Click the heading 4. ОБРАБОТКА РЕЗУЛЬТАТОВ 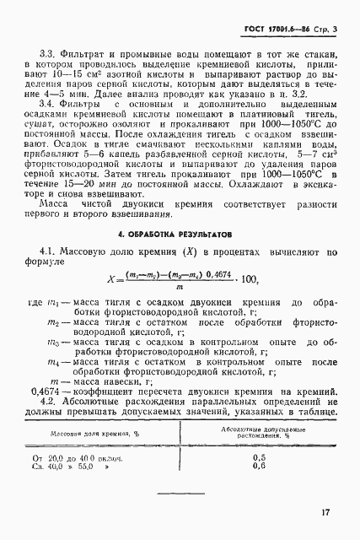[180, 233]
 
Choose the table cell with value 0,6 [259, 465]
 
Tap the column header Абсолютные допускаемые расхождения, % [259, 433]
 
